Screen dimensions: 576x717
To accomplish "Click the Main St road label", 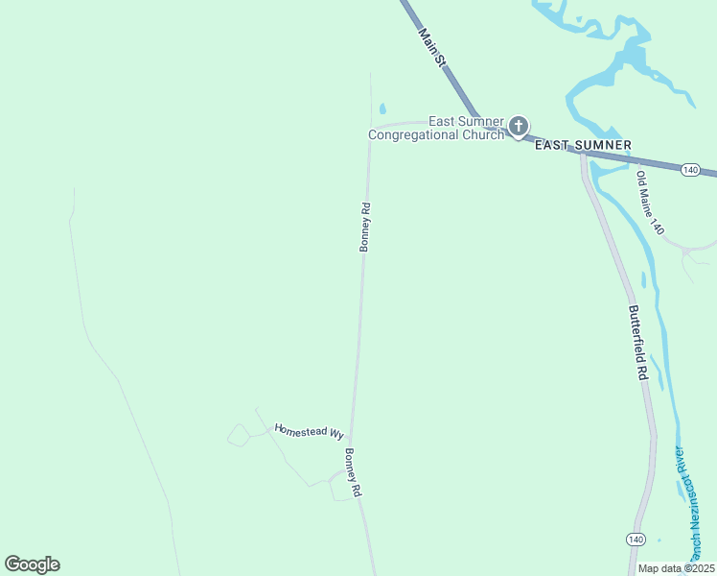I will (433, 47).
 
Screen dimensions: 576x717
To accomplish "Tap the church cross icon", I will (519, 126).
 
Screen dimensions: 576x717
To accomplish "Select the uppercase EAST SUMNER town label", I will (583, 145).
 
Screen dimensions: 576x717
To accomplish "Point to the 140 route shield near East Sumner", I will (689, 169).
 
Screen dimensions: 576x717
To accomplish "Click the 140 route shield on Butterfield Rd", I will (636, 540).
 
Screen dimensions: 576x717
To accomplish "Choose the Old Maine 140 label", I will (650, 203).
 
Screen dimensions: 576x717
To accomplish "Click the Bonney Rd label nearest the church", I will (365, 227).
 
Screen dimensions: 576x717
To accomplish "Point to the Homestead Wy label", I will (309, 431).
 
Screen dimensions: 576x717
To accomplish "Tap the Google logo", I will (32, 564).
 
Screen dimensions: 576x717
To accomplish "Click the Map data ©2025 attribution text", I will (677, 568).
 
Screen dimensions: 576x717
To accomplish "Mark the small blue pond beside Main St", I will (382, 108).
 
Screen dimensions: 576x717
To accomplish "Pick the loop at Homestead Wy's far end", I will (237, 436).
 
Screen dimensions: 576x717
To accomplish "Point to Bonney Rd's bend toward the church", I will (373, 128).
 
